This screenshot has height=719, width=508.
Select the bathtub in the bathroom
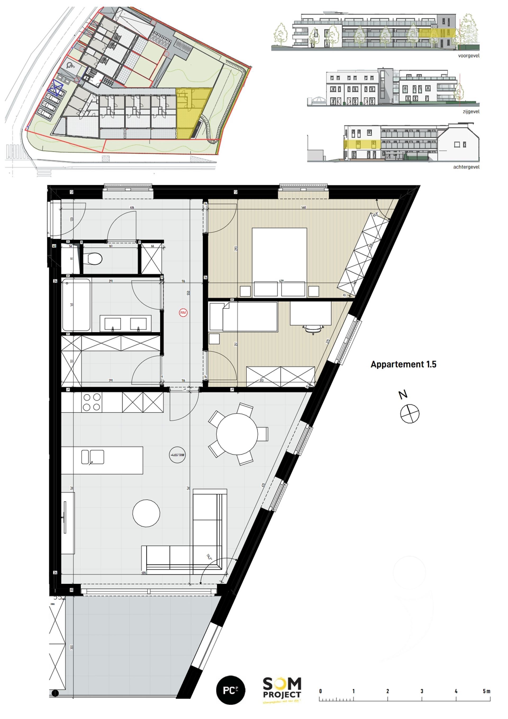76,305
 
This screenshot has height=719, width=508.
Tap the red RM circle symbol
183,313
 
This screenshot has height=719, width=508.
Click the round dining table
237,434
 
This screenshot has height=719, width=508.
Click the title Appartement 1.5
403,364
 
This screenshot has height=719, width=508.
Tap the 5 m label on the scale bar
486,691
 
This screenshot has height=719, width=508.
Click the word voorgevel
469,56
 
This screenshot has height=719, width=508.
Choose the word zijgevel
471,112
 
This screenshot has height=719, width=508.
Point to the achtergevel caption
466,167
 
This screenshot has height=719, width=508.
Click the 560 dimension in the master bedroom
303,207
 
